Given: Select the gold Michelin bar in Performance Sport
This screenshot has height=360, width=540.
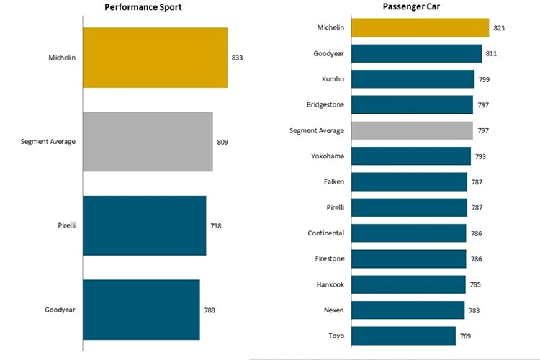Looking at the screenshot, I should tap(155, 58).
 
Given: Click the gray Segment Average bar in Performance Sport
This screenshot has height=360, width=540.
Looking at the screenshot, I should tap(148, 142).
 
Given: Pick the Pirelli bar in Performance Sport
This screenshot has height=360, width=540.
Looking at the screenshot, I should tap(144, 225).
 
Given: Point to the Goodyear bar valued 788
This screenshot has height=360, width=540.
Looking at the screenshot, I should tap(141, 310).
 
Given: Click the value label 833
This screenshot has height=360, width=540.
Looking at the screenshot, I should tap(237, 58).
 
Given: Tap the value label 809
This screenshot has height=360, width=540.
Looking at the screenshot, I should tap(222, 142).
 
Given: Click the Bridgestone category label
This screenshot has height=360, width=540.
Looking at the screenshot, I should tap(325, 105).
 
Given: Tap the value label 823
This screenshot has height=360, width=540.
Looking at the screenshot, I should tap(499, 28).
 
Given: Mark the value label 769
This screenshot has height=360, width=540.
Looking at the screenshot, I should tap(465, 336).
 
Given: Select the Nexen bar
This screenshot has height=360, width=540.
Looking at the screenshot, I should tap(407, 310).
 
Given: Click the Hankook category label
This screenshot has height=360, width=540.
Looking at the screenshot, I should tap(330, 284).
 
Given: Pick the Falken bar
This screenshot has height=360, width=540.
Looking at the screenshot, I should tap(408, 182).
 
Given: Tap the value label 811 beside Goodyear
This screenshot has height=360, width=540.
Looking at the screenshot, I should tap(491, 54).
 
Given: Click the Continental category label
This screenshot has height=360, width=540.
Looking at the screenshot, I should tap(325, 233).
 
